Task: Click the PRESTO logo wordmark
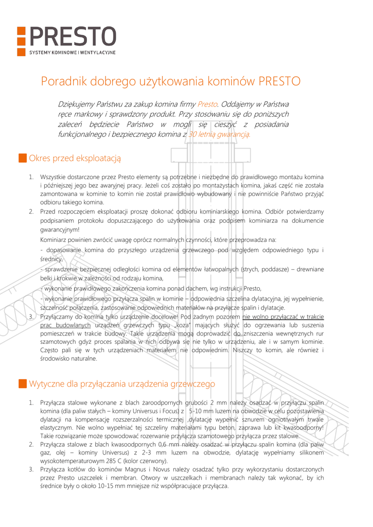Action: pos(72,37)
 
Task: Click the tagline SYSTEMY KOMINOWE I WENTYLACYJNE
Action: pos(72,52)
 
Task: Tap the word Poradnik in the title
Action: pos(63,81)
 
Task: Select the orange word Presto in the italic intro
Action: pos(207,104)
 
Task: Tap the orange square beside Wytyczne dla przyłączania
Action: pos(22,384)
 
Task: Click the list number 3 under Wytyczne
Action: pos(31,469)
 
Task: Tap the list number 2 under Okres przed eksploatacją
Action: pos(31,211)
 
